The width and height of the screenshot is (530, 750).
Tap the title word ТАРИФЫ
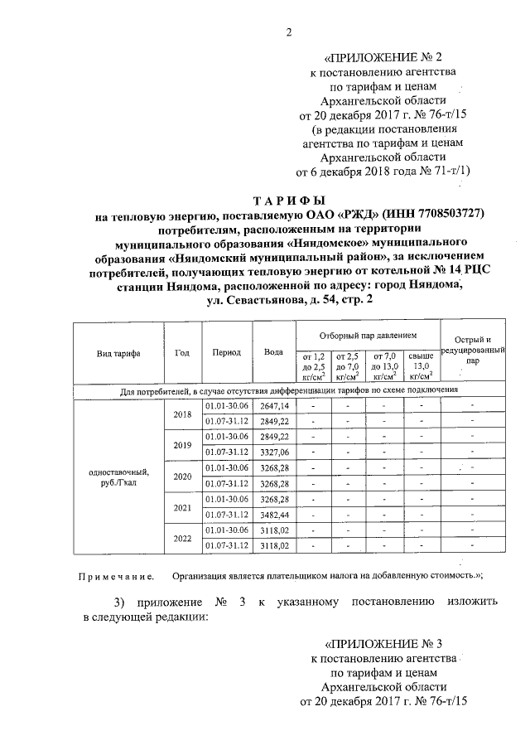click(289, 201)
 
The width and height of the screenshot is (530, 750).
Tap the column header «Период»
click(226, 352)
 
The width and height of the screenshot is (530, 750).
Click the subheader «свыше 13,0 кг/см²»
click(421, 365)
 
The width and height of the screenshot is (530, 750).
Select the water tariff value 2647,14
click(273, 405)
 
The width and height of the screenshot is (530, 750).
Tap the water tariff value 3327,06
click(273, 452)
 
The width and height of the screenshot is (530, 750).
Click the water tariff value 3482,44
click(273, 515)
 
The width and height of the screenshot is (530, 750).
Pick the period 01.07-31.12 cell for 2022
click(226, 546)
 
